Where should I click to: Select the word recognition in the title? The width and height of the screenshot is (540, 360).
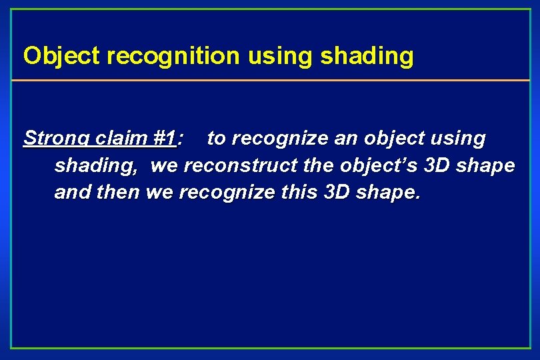point(173,56)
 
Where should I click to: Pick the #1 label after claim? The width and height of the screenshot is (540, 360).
point(163,139)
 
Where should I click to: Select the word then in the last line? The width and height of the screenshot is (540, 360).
point(117,193)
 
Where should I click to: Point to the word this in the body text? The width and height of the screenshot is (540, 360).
point(299,193)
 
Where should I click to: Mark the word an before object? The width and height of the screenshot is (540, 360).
point(337,139)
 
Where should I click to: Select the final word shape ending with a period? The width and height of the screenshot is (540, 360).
point(390,193)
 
